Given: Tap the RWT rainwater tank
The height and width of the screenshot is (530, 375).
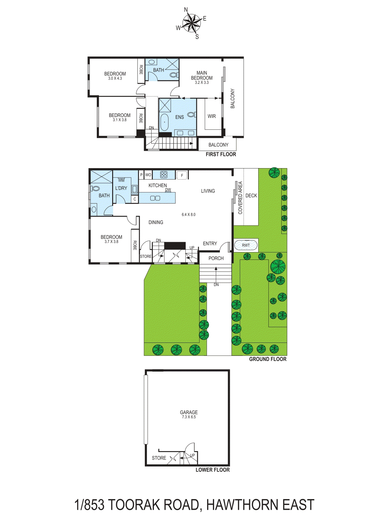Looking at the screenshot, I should tap(246, 245).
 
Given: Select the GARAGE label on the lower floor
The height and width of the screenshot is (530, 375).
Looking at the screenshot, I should tap(189, 412).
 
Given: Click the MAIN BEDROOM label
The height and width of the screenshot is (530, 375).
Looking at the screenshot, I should tap(202, 75).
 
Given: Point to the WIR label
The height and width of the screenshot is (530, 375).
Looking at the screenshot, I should tap(212, 116).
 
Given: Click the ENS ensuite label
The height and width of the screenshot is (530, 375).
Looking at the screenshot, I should tap(180, 117).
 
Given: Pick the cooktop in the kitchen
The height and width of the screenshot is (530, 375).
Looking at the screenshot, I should tap(164, 174).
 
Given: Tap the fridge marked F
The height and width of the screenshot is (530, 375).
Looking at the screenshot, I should tap(182, 175).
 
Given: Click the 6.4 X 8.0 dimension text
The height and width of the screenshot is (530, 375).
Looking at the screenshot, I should tap(188, 215).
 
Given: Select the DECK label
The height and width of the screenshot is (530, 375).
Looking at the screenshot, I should tap(251, 196).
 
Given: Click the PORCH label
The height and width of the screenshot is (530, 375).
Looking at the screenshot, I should tap(216, 258).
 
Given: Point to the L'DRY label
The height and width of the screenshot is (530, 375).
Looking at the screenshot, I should tap(121, 188).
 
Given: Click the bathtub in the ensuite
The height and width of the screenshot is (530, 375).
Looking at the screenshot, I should tap(164, 122).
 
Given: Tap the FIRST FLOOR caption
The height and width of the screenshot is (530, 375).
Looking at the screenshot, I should tap(221, 154).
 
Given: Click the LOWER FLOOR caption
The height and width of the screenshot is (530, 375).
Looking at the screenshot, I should tap(212, 470).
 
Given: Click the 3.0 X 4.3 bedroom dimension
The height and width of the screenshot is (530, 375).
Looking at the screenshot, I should tap(115, 78).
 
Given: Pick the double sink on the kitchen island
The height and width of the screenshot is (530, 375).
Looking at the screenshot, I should tap(155, 198).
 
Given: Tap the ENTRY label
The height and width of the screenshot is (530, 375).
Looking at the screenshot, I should tap(210, 243).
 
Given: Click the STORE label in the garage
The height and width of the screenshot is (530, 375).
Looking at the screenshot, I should tap(159, 458).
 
